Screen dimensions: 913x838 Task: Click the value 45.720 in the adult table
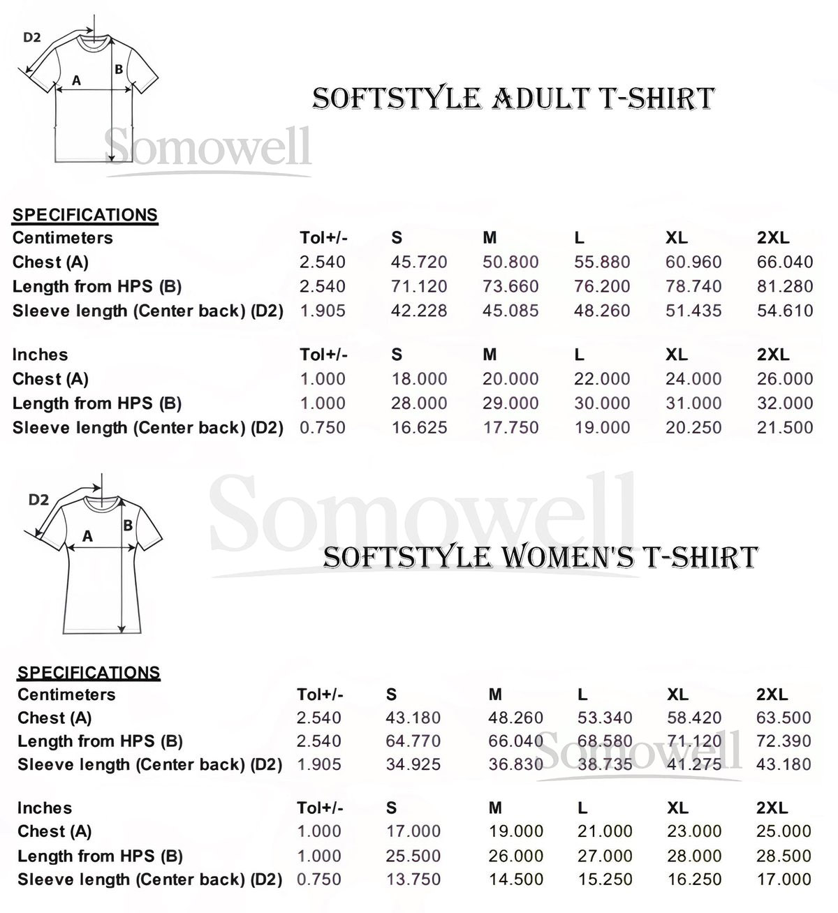[x=419, y=262]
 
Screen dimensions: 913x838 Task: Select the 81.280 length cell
[x=785, y=287]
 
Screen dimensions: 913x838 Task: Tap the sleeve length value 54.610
[x=785, y=311]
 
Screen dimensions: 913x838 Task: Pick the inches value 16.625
[x=419, y=428]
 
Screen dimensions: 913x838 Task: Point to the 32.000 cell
[x=785, y=403]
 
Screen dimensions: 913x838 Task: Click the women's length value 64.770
[x=413, y=741]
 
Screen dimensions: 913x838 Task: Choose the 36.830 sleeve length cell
[x=515, y=765]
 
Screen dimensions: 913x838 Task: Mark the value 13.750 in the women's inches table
[x=413, y=879]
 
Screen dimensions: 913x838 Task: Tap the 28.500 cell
[x=784, y=856]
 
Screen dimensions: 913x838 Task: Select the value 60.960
[x=693, y=262]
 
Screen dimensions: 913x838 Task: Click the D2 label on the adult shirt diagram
[x=32, y=38]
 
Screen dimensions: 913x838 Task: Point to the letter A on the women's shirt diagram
[x=87, y=536]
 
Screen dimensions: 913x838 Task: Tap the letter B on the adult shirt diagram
[x=119, y=69]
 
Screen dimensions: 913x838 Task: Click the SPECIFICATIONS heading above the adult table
[x=85, y=215]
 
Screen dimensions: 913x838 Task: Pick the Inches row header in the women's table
[x=44, y=808]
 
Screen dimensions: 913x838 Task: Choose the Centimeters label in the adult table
[x=62, y=238]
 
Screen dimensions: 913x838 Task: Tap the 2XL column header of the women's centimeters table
[x=772, y=695]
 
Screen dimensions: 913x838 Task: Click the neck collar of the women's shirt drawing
[x=101, y=500]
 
